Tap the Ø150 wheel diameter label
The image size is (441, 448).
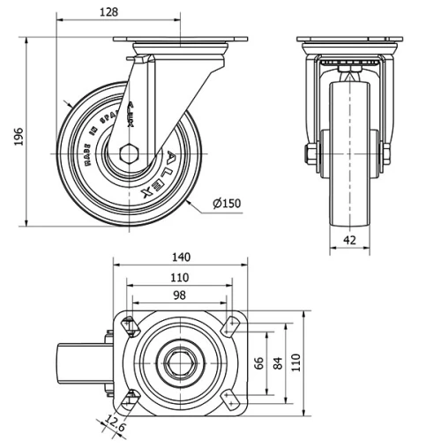226,204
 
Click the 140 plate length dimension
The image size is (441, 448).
180,258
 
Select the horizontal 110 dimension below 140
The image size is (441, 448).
180,276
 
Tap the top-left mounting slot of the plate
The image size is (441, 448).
129,325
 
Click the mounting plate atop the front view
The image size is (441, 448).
350,40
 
